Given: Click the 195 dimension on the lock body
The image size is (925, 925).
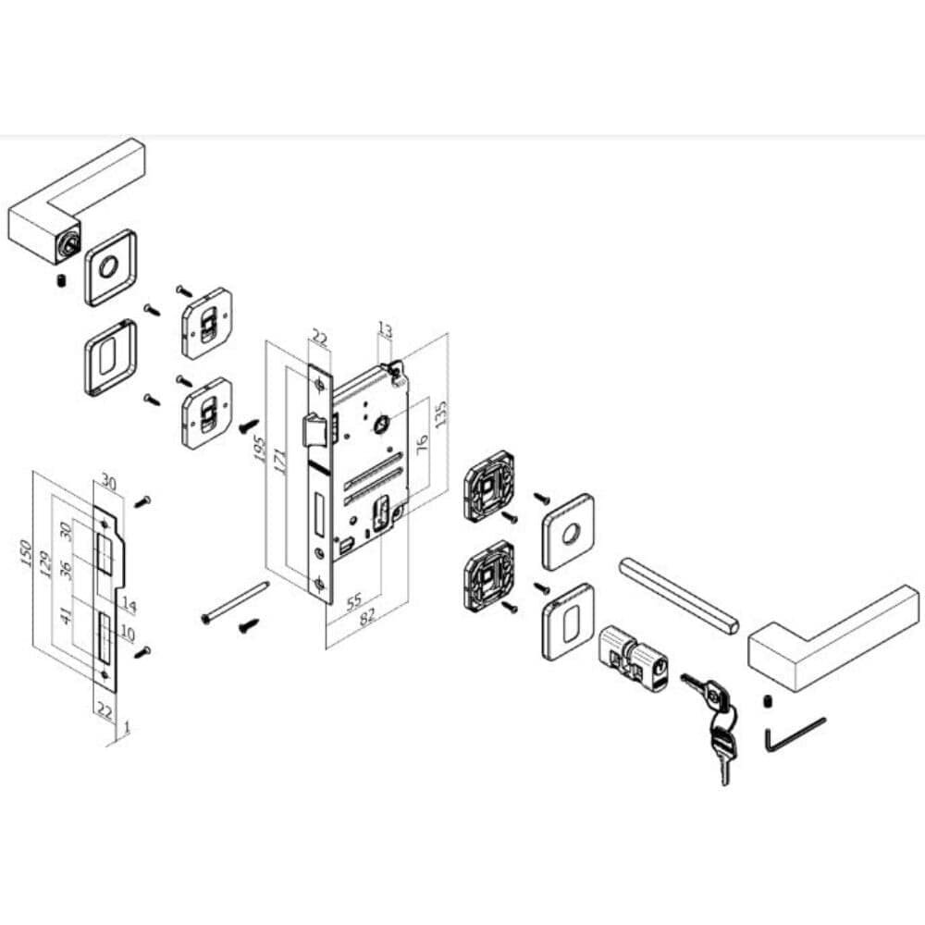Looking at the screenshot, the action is tap(259, 449).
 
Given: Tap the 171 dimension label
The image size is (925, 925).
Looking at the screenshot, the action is tap(280, 462).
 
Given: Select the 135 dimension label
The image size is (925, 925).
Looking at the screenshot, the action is tap(440, 414).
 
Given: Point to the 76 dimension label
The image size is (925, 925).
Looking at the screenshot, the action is tap(423, 444).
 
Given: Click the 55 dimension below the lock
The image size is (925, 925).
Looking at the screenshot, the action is tap(353, 602).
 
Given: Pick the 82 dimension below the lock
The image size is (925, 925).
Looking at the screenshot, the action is tap(367, 616).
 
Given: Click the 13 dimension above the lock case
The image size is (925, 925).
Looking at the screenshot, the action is tap(385, 330).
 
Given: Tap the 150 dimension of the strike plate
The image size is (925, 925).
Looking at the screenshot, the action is tap(26, 553).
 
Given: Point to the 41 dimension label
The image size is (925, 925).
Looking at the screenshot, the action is tap(68, 616).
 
